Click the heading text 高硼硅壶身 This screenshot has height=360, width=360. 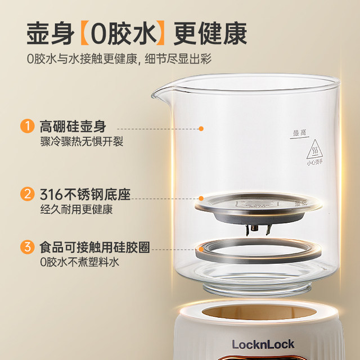73,125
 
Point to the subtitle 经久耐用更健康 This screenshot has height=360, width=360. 76,210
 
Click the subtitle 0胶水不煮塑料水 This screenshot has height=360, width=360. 79,262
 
